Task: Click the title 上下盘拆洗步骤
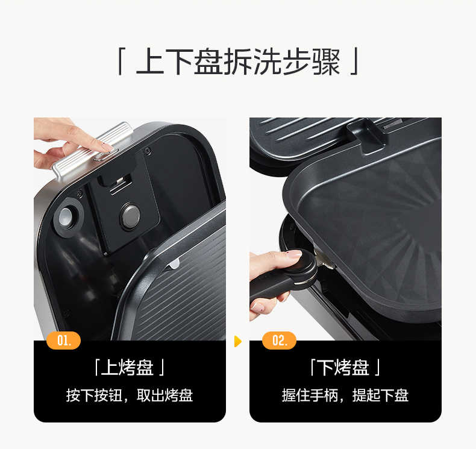(238, 62)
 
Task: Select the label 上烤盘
(129, 367)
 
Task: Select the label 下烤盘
(345, 367)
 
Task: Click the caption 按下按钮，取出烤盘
(129, 395)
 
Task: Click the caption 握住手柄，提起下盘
(345, 395)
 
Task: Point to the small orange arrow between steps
(237, 342)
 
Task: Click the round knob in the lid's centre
(130, 216)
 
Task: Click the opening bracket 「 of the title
(121, 63)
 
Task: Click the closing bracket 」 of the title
(355, 63)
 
